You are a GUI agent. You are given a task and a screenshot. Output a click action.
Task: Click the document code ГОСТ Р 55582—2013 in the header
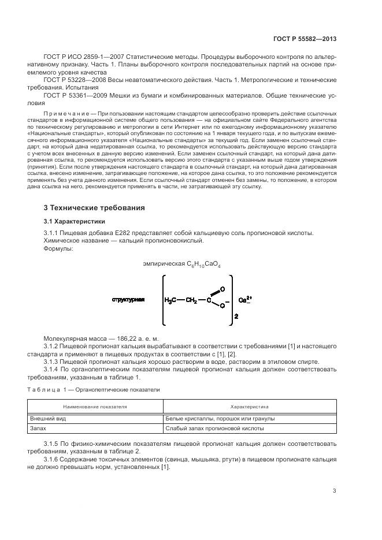[304, 39]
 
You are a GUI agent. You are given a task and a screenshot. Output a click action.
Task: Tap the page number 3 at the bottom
[334, 491]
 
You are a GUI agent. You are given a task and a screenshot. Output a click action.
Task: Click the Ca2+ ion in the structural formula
[245, 300]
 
